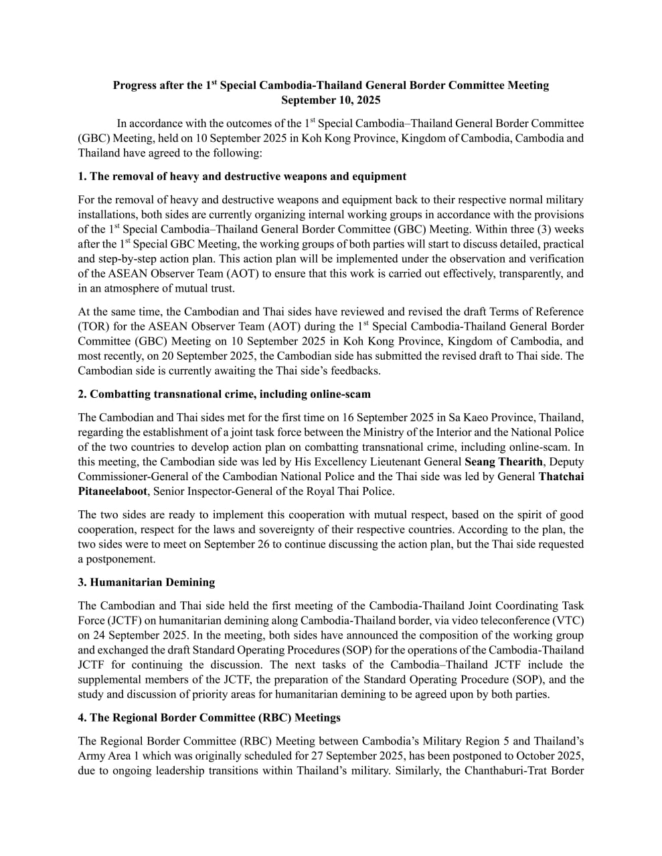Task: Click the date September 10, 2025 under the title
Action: (x=331, y=100)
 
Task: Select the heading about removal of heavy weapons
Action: (x=242, y=177)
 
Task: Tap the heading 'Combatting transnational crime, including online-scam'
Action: (x=224, y=394)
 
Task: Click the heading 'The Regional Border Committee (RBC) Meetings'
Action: (x=209, y=718)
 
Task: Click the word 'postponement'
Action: (x=120, y=559)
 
